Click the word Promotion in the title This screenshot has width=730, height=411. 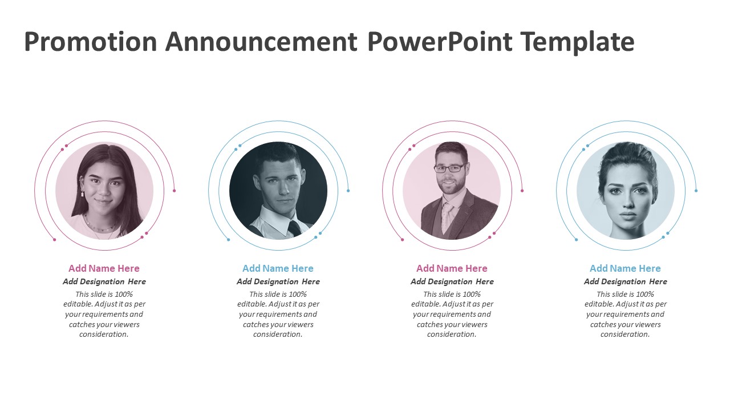91,42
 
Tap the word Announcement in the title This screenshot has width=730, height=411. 261,42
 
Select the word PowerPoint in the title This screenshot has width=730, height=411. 440,42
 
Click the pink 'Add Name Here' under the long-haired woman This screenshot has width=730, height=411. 104,268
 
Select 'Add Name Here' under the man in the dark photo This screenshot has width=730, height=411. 278,268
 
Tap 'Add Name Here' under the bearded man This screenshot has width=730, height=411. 452,268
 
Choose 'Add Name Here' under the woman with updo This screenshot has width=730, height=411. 626,268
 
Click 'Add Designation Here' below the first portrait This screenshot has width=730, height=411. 104,281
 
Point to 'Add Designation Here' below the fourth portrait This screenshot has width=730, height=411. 626,281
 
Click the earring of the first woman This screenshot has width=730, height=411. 83,193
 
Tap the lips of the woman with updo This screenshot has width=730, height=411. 628,216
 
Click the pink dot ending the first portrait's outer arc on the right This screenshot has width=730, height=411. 175,191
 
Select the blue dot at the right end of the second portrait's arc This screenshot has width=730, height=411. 348,191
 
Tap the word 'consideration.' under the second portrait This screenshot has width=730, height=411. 278,335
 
